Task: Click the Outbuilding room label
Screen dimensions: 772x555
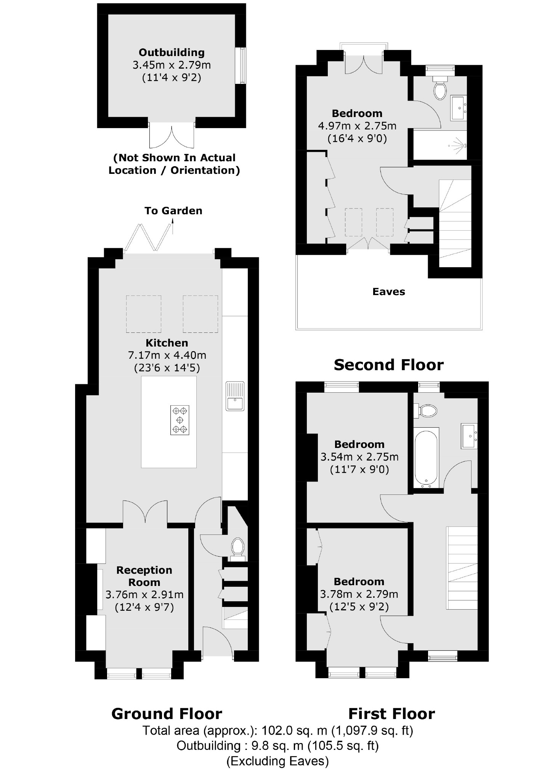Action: [172, 53]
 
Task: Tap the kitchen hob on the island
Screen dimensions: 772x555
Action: [180, 420]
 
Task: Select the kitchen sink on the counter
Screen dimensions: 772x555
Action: [235, 396]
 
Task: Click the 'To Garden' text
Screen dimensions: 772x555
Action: [173, 211]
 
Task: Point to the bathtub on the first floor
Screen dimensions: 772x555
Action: [427, 458]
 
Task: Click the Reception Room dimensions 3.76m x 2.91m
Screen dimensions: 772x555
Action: [144, 594]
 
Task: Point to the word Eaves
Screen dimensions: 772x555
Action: [388, 292]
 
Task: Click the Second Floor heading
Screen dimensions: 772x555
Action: [388, 365]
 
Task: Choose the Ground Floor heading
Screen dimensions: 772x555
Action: [167, 714]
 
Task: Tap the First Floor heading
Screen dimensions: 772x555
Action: [391, 714]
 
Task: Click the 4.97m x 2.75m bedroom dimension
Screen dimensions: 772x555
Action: [357, 126]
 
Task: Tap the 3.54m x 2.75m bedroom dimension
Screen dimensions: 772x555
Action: [359, 457]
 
